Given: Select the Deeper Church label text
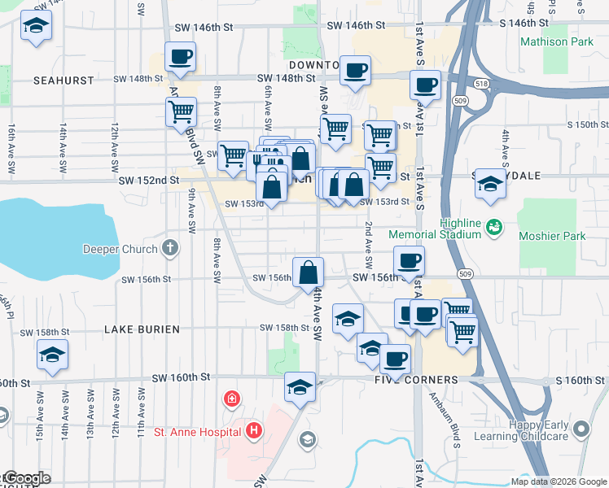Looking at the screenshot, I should coord(124,248).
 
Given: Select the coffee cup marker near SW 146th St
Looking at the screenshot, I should coord(180,57).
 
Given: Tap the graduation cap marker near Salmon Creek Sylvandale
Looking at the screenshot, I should coord(490,185).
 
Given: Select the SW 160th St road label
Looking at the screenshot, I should coord(182,377).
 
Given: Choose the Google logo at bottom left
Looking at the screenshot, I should coord(26,478).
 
